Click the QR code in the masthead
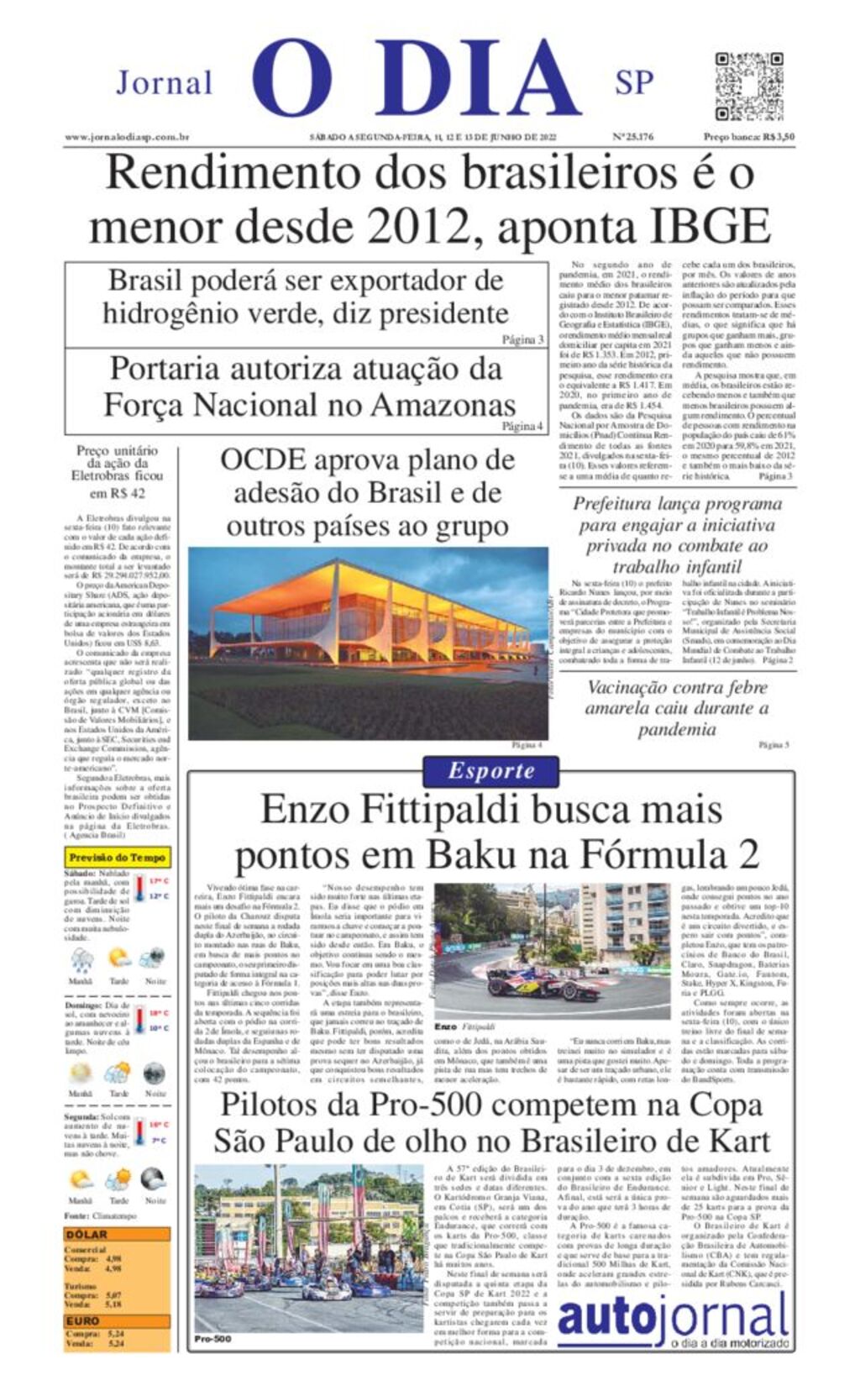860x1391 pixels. [748, 86]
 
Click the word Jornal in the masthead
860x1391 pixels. [164, 83]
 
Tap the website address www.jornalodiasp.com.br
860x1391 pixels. [127, 137]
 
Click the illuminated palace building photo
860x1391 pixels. [368, 643]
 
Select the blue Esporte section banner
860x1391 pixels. [491, 770]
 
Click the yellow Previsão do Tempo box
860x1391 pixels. [118, 858]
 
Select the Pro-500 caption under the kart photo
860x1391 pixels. [212, 1339]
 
